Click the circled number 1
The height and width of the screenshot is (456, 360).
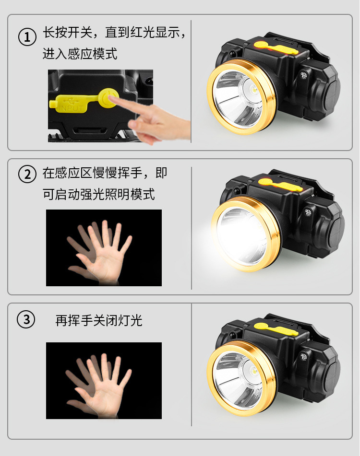[x=27, y=37]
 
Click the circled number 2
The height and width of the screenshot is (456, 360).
[x=27, y=174]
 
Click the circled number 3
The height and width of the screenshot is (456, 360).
[x=26, y=319]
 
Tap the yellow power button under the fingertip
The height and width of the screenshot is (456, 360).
[x=108, y=98]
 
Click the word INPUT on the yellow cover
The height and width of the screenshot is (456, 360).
[x=72, y=109]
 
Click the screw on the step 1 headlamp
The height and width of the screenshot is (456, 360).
[x=303, y=75]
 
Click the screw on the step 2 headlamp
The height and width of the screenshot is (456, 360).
[x=308, y=212]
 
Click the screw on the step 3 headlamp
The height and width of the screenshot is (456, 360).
[x=303, y=356]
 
